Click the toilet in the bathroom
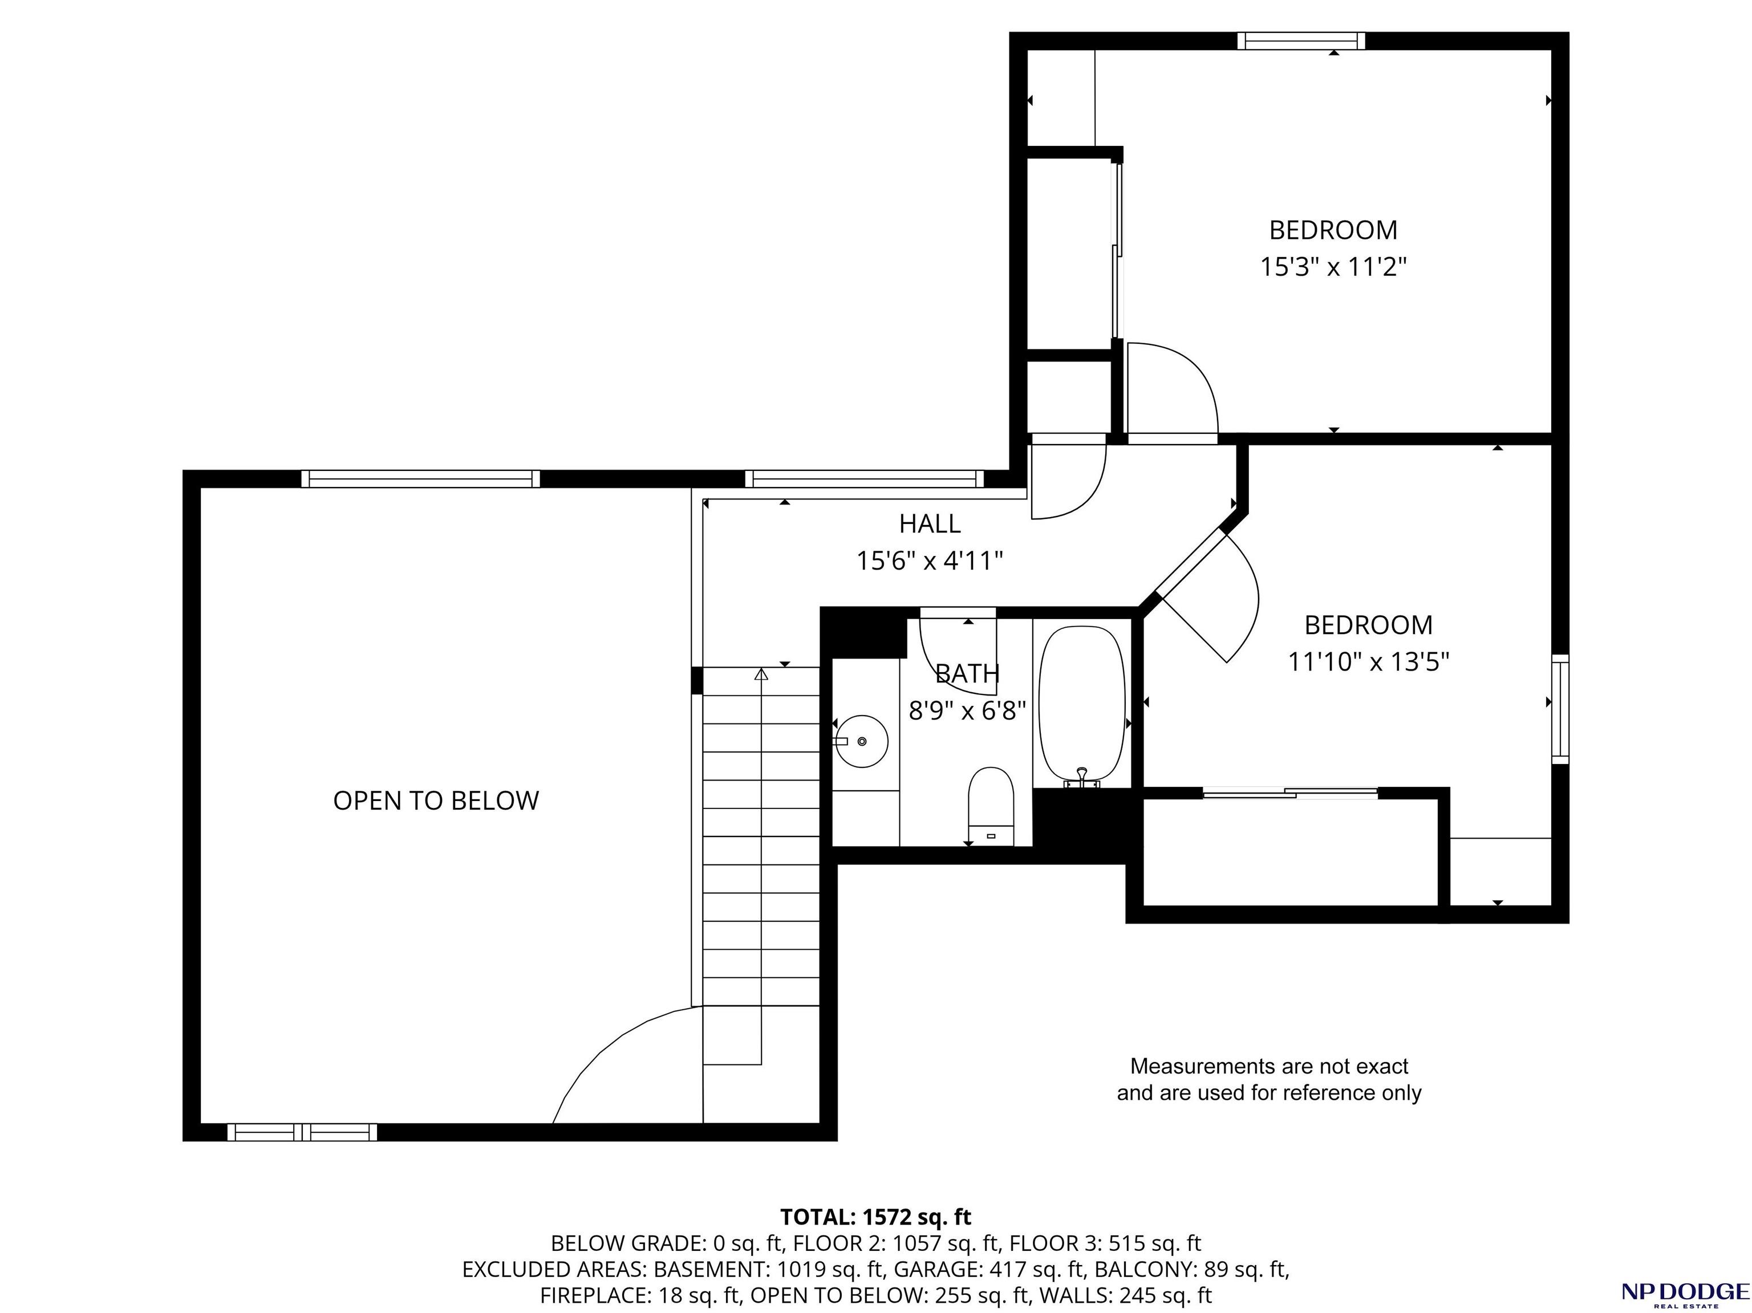click(x=991, y=806)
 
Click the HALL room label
click(x=930, y=523)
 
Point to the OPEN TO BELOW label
click(x=436, y=800)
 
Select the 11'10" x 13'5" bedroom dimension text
click(x=1369, y=661)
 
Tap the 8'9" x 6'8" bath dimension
click(x=967, y=710)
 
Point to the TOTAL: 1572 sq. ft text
click(x=876, y=1217)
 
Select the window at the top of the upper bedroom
click(x=1301, y=40)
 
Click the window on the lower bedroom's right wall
click(x=1560, y=710)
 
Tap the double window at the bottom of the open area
click(x=303, y=1132)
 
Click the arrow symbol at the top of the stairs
click(x=761, y=674)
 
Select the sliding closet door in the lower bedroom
click(x=1290, y=792)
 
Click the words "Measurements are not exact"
click(x=1269, y=1067)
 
